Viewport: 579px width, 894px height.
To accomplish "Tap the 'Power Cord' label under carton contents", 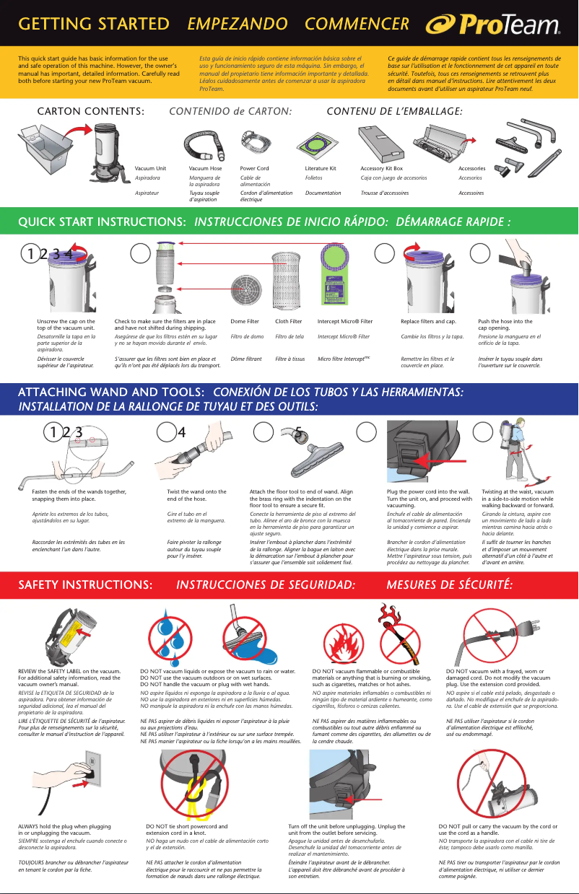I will (x=254, y=168).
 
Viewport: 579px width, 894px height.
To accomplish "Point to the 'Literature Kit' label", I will (x=321, y=168).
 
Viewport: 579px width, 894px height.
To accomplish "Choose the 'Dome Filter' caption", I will (x=245, y=320).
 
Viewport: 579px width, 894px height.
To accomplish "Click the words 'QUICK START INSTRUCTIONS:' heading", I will (x=98, y=222).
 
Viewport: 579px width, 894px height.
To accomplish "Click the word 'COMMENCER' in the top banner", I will (x=357, y=24).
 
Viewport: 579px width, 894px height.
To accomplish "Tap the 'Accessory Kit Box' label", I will (x=381, y=168).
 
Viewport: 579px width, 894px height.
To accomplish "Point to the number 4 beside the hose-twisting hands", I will (x=182, y=432).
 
